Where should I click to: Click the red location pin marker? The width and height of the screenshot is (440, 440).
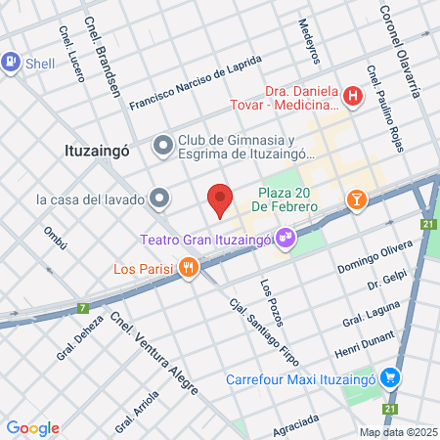(x=220, y=200)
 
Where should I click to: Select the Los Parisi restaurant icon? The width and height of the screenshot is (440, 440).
(x=188, y=267)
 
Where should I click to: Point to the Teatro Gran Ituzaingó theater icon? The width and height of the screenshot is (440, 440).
(x=286, y=236)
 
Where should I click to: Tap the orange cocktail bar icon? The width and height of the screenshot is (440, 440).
(x=357, y=200)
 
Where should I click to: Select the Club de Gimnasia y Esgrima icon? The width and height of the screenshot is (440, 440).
(x=162, y=146)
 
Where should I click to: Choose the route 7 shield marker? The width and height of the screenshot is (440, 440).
(x=83, y=307)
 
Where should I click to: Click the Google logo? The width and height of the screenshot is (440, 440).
(x=32, y=427)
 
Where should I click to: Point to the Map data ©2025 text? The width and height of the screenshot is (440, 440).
(x=397, y=432)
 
